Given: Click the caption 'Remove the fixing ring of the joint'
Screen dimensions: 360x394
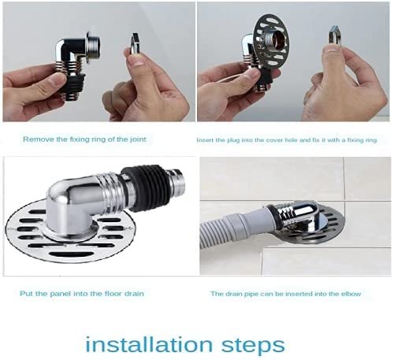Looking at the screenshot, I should (x=84, y=139).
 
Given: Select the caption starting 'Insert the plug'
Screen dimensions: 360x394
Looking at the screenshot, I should (x=287, y=139).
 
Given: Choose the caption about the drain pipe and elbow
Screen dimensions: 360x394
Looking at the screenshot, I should (x=285, y=294).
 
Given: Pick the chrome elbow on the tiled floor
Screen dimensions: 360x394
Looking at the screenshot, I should (x=292, y=213).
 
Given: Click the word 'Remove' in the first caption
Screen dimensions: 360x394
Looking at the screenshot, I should (x=35, y=139).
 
